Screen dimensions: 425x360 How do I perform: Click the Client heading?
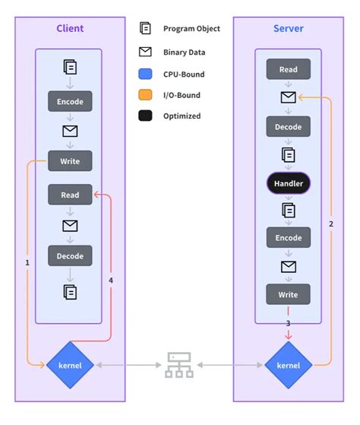70,29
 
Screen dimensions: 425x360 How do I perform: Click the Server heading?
288,29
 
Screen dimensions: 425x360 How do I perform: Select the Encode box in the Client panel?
70,101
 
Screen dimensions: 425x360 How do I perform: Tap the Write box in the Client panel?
70,160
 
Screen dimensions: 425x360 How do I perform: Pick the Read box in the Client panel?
70,195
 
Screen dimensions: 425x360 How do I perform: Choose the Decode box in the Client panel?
70,256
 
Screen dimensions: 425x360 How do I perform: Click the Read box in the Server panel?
288,69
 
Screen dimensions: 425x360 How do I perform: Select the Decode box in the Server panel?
288,126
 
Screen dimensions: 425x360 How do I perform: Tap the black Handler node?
288,183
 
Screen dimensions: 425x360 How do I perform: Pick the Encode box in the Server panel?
288,238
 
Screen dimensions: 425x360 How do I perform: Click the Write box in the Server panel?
288,294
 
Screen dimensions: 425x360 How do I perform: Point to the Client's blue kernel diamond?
70,365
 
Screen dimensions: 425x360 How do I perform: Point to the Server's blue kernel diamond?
288,365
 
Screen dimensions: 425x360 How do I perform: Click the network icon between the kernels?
180,366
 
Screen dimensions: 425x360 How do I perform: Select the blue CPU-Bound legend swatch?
145,75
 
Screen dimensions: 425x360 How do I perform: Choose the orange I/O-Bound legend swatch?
145,95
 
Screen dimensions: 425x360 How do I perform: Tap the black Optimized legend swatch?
145,116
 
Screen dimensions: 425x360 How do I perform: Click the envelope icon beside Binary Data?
145,52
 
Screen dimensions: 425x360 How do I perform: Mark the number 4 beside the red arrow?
111,281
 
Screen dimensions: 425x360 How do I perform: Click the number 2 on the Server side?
330,224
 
